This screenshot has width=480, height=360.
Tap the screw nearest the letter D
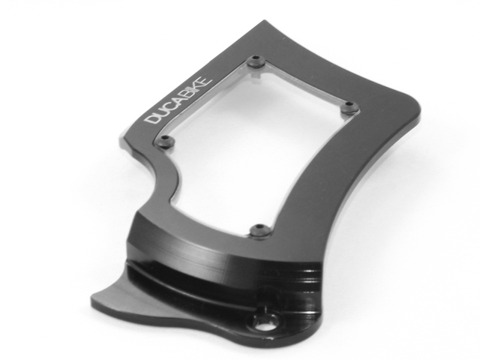(166, 141)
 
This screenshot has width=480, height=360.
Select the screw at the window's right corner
(349, 106)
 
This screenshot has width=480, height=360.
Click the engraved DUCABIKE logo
(178, 100)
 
